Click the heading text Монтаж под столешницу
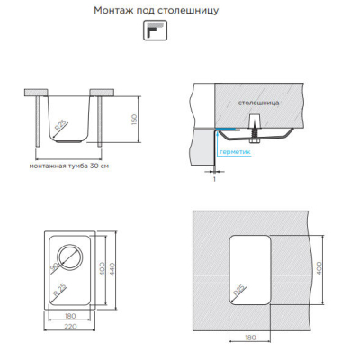click(157, 11)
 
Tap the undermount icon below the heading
click(155, 31)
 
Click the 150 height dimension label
click(134, 120)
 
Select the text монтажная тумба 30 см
click(69, 166)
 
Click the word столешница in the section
click(258, 103)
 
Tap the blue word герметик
click(235, 152)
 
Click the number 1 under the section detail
click(214, 179)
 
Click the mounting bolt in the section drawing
click(254, 128)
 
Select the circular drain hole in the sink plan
click(70, 257)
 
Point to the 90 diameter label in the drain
click(54, 267)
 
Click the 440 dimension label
click(112, 269)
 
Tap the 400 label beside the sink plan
click(102, 269)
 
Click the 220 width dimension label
click(70, 326)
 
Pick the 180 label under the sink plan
click(70, 316)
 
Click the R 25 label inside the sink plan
click(59, 291)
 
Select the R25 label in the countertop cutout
click(239, 291)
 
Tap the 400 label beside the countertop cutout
click(319, 268)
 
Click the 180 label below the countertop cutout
click(250, 337)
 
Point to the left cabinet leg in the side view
click(38, 121)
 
